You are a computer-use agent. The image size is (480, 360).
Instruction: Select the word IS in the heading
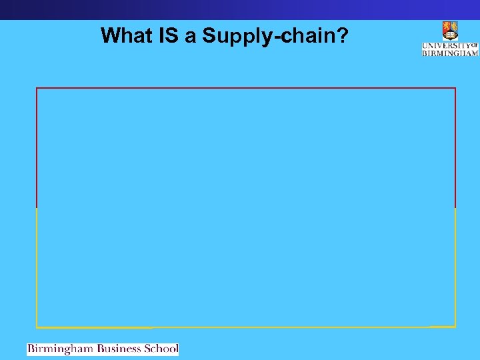click(171, 35)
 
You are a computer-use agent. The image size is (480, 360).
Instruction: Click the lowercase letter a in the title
click(191, 37)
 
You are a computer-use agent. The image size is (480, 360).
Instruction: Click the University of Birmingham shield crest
click(450, 31)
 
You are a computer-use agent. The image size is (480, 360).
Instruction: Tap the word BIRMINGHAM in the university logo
click(450, 53)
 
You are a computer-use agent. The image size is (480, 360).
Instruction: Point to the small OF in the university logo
click(475, 45)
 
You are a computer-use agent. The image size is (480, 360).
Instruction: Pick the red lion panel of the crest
click(446, 27)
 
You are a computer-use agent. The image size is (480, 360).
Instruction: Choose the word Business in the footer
click(120, 349)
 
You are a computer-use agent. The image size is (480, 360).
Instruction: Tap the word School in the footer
click(161, 349)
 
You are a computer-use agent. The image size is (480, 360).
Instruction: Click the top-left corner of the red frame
click(37, 88)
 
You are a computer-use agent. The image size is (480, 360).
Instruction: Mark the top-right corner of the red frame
click(455, 88)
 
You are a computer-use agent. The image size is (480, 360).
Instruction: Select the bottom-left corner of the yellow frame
click(37, 327)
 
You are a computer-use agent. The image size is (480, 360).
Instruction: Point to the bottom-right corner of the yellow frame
click(455, 327)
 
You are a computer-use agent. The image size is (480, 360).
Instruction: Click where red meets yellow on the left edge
click(37, 207)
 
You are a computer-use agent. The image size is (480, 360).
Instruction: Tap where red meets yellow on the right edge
click(455, 207)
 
